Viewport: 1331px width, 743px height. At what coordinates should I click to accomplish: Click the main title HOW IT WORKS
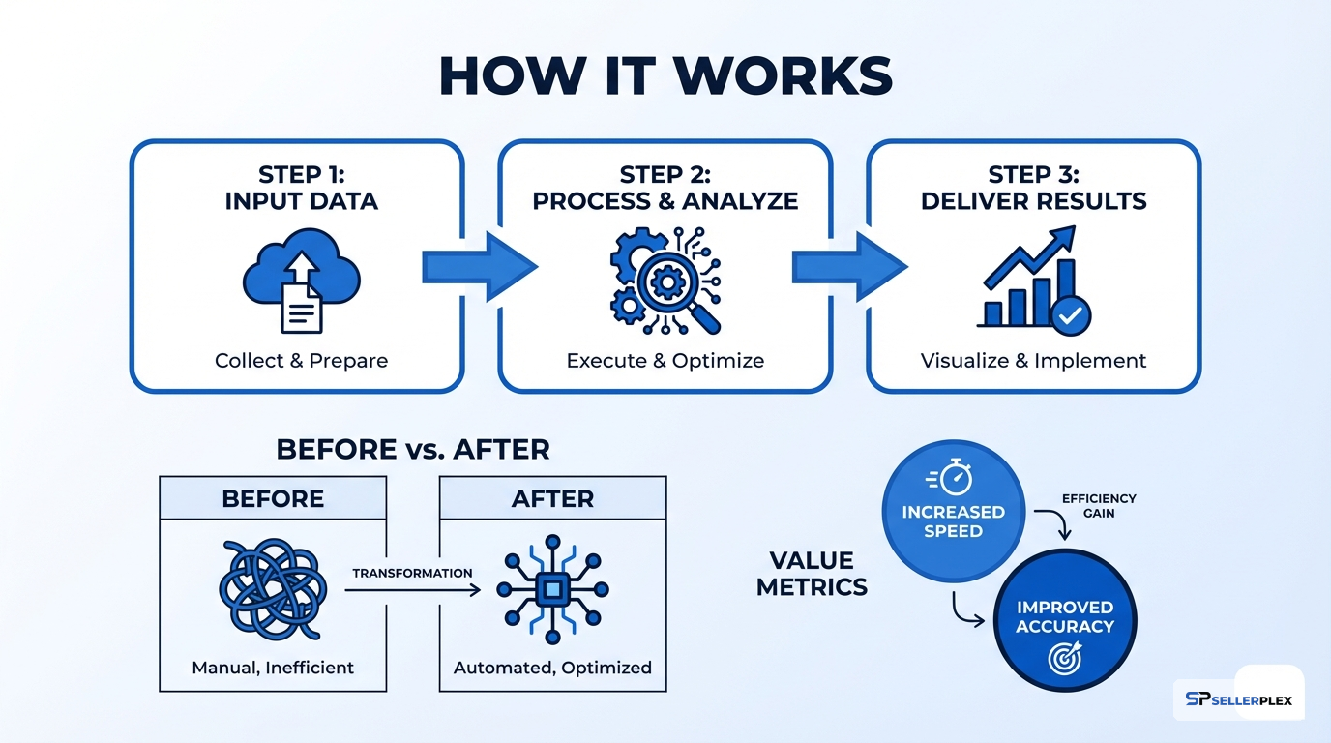[665, 75]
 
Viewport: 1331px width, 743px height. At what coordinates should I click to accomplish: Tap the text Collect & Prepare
[301, 361]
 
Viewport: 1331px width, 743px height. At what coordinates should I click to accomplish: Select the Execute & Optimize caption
[665, 361]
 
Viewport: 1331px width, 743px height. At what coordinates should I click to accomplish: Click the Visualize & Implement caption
[1033, 361]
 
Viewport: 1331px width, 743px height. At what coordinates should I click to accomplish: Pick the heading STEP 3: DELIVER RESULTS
[1033, 188]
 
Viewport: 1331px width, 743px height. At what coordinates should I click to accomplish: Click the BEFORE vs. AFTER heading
[413, 449]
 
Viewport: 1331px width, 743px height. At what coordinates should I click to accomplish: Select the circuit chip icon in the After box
[552, 587]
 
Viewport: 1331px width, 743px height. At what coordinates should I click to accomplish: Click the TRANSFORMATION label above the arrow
[412, 573]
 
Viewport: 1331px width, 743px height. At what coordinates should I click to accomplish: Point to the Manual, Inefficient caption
[273, 668]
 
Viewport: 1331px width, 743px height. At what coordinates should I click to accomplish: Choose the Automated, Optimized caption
[552, 668]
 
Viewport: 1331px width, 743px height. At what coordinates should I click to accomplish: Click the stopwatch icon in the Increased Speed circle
[953, 478]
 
